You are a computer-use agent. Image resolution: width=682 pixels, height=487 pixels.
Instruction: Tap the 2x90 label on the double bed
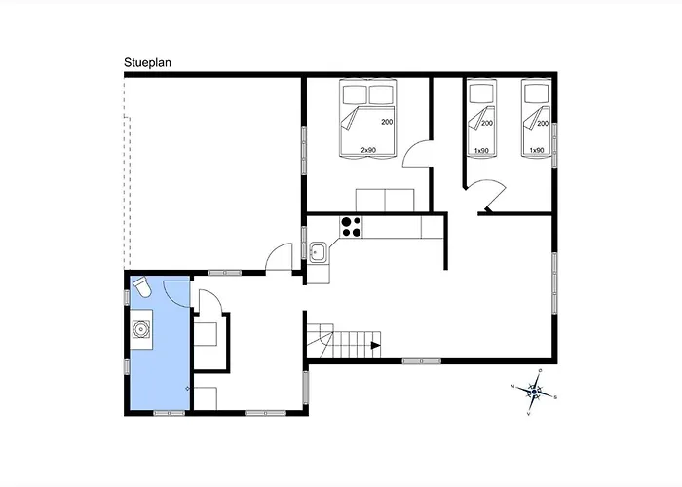(369, 150)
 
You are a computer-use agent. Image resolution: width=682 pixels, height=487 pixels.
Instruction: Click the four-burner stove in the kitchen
(351, 227)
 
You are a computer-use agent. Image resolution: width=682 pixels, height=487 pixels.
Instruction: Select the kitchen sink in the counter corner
(318, 253)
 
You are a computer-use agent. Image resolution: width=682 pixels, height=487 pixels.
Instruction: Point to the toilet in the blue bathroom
(141, 288)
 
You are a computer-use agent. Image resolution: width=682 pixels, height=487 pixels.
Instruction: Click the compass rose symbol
(535, 390)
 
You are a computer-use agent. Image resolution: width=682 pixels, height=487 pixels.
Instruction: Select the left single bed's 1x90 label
(481, 150)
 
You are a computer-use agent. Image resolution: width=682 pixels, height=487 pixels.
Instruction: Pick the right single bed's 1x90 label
(536, 150)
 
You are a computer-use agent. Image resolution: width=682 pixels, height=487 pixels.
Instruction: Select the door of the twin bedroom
(487, 195)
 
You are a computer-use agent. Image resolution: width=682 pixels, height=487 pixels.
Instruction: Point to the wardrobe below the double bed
(385, 200)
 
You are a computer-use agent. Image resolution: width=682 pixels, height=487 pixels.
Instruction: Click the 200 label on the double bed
(387, 123)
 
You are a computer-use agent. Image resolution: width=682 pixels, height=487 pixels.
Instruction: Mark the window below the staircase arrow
(422, 361)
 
